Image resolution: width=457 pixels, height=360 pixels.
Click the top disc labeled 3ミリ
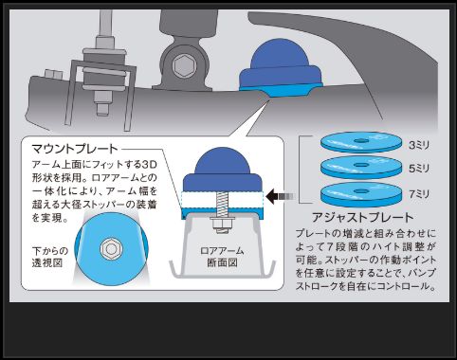361,145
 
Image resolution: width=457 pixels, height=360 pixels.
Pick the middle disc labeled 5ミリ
361,169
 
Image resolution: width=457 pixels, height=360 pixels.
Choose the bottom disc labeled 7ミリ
361,194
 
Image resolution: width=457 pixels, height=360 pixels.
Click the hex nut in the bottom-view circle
112,248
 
